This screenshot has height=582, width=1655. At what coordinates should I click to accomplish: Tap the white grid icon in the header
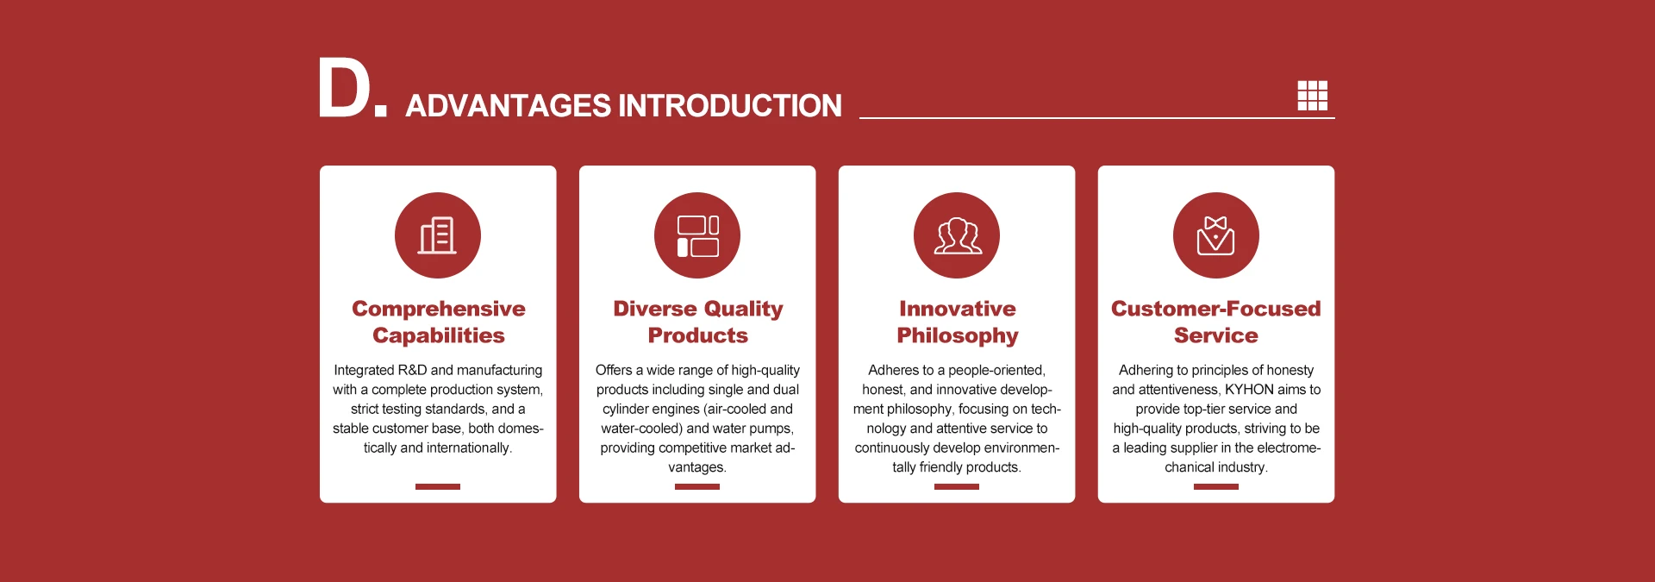click(1313, 95)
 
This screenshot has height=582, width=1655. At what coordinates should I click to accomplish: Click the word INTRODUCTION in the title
click(730, 106)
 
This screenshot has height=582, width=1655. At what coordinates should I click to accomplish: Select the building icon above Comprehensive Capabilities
click(438, 235)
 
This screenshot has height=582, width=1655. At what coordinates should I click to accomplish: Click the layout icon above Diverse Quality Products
click(697, 235)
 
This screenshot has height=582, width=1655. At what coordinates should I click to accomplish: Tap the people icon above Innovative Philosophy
click(957, 235)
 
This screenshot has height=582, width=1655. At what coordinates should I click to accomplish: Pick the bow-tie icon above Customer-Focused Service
click(1216, 235)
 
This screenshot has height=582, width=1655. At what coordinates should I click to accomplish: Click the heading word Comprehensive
click(439, 309)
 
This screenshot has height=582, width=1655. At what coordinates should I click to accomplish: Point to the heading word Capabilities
click(439, 335)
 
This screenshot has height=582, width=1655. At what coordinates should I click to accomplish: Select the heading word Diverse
click(654, 309)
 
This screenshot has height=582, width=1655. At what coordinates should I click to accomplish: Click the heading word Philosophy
click(958, 335)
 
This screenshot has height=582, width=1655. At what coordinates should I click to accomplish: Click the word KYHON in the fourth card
click(1249, 390)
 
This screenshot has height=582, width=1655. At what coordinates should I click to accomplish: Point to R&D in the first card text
click(412, 370)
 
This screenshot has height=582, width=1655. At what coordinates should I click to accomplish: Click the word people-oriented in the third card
click(996, 370)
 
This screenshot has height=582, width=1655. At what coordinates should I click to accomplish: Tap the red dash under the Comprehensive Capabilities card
click(438, 487)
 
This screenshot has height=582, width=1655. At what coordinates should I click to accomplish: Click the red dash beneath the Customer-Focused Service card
click(1216, 487)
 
